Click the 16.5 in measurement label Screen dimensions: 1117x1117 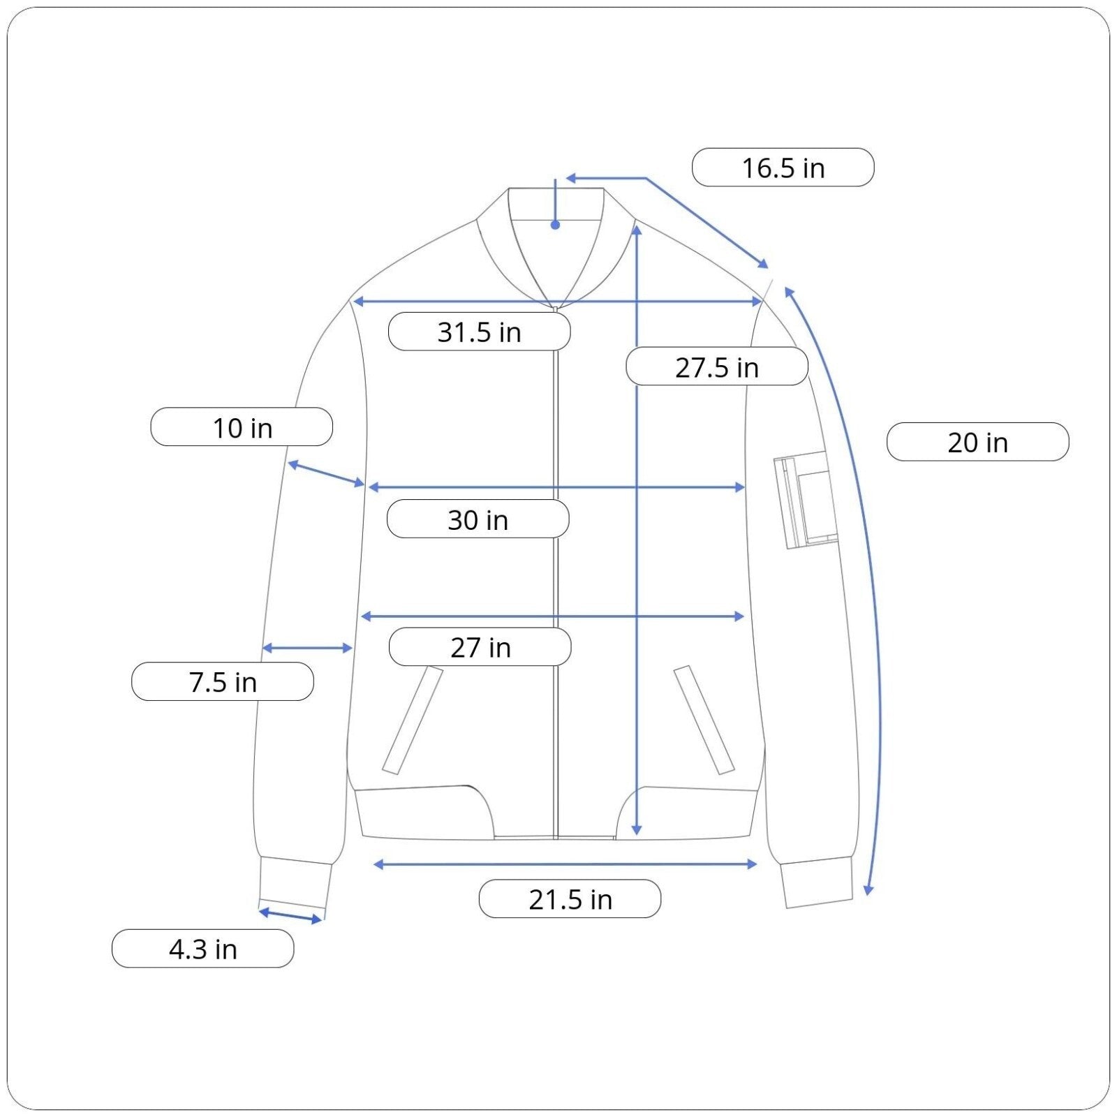[x=783, y=168]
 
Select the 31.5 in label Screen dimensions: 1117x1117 [x=479, y=332]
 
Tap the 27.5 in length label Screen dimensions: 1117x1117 [x=717, y=367]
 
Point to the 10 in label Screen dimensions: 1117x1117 [x=242, y=427]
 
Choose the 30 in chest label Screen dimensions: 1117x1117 [x=478, y=519]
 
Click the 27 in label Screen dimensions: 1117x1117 [x=480, y=647]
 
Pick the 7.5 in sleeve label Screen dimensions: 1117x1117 [x=223, y=681]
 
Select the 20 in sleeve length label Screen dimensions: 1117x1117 [x=977, y=442]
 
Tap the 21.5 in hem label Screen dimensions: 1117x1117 [x=570, y=899]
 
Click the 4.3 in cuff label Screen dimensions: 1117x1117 [x=202, y=949]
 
